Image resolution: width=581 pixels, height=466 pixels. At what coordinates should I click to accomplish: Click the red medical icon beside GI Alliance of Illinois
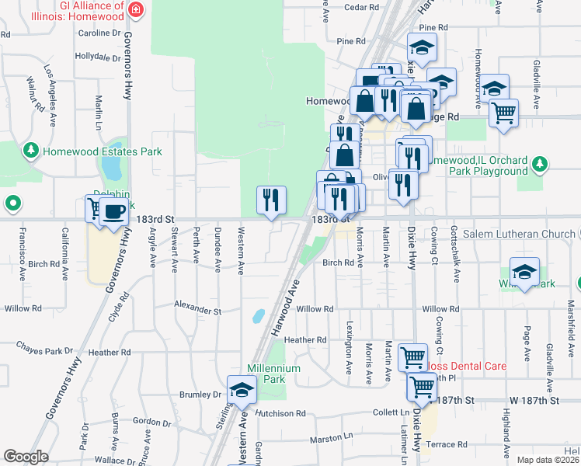[136, 10]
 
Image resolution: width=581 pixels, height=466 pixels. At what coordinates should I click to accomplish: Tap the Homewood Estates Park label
[102, 151]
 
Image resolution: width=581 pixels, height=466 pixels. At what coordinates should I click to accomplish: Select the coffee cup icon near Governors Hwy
[114, 211]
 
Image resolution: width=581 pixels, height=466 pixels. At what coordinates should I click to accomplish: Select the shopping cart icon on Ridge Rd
[503, 113]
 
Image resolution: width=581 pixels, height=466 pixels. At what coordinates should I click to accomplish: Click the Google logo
[26, 457]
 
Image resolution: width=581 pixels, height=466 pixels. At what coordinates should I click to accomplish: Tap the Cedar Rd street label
[360, 7]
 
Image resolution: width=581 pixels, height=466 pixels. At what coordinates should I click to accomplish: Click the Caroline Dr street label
[99, 33]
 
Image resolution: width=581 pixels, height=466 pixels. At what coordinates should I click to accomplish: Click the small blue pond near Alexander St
[258, 316]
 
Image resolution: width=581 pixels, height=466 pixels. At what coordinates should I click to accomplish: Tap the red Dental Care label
[464, 366]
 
